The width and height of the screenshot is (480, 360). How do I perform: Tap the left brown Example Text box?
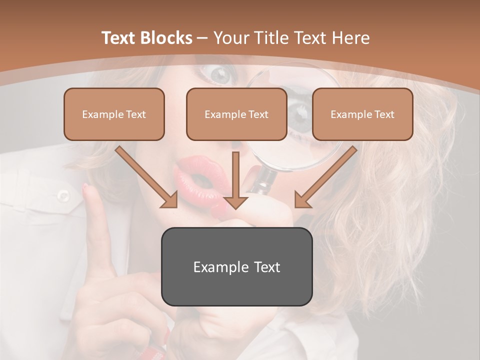coord(114,114)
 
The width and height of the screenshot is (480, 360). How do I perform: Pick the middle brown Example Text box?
coord(236,114)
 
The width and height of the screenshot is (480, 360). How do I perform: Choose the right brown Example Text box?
coord(362,114)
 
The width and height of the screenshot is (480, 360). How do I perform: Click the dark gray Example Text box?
coord(236,266)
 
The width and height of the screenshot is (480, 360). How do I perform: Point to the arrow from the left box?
coord(146,177)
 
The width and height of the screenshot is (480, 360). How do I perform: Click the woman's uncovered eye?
coord(220,75)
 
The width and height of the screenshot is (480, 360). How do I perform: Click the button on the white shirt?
coord(63,195)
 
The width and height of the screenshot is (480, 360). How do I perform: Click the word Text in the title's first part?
coord(119,38)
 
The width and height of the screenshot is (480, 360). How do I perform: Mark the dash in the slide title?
coord(202,38)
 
